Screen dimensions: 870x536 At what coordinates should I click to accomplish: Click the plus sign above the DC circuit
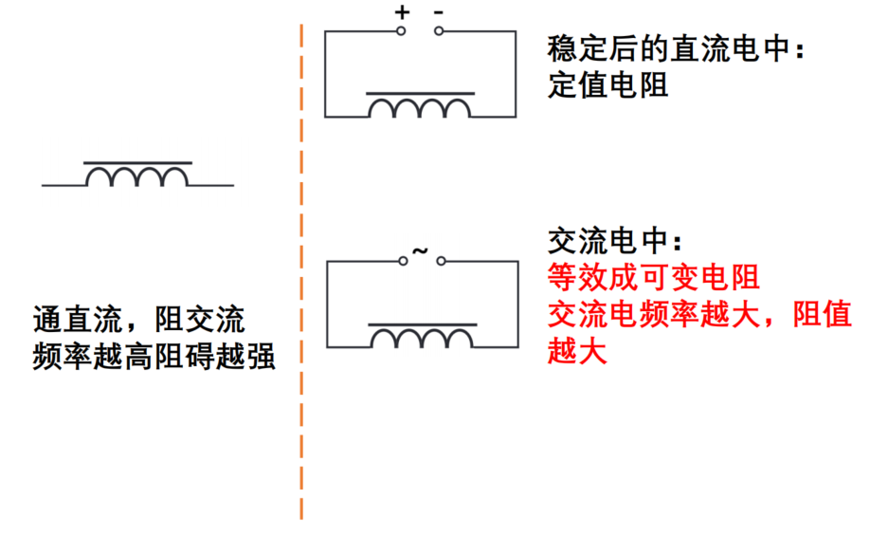click(x=402, y=12)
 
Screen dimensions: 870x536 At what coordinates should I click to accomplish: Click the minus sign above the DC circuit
click(x=439, y=12)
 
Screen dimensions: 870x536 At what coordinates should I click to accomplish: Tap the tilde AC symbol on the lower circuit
click(x=421, y=250)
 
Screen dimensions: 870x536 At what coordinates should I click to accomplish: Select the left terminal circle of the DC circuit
click(x=401, y=31)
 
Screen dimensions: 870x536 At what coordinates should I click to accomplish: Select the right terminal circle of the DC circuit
click(x=439, y=31)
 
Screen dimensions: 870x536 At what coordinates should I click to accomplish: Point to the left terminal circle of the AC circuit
click(x=403, y=261)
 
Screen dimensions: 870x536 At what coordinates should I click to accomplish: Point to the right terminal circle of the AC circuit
click(x=441, y=261)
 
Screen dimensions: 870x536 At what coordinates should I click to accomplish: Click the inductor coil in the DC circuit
click(x=420, y=107)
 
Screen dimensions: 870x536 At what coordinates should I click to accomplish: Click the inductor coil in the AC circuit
click(x=422, y=338)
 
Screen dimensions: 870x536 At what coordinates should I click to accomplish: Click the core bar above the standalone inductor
click(x=137, y=163)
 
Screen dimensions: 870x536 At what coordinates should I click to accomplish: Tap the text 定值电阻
click(x=608, y=85)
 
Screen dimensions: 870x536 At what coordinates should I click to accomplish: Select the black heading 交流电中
click(x=607, y=240)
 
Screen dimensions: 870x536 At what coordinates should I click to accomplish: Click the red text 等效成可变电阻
click(x=654, y=277)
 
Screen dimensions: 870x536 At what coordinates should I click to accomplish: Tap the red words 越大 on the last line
click(x=577, y=351)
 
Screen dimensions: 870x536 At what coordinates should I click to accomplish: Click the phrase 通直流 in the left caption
click(x=78, y=320)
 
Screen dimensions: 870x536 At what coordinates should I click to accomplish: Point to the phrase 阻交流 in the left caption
click(x=200, y=320)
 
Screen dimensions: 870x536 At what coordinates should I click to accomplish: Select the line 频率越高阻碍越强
click(x=154, y=356)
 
